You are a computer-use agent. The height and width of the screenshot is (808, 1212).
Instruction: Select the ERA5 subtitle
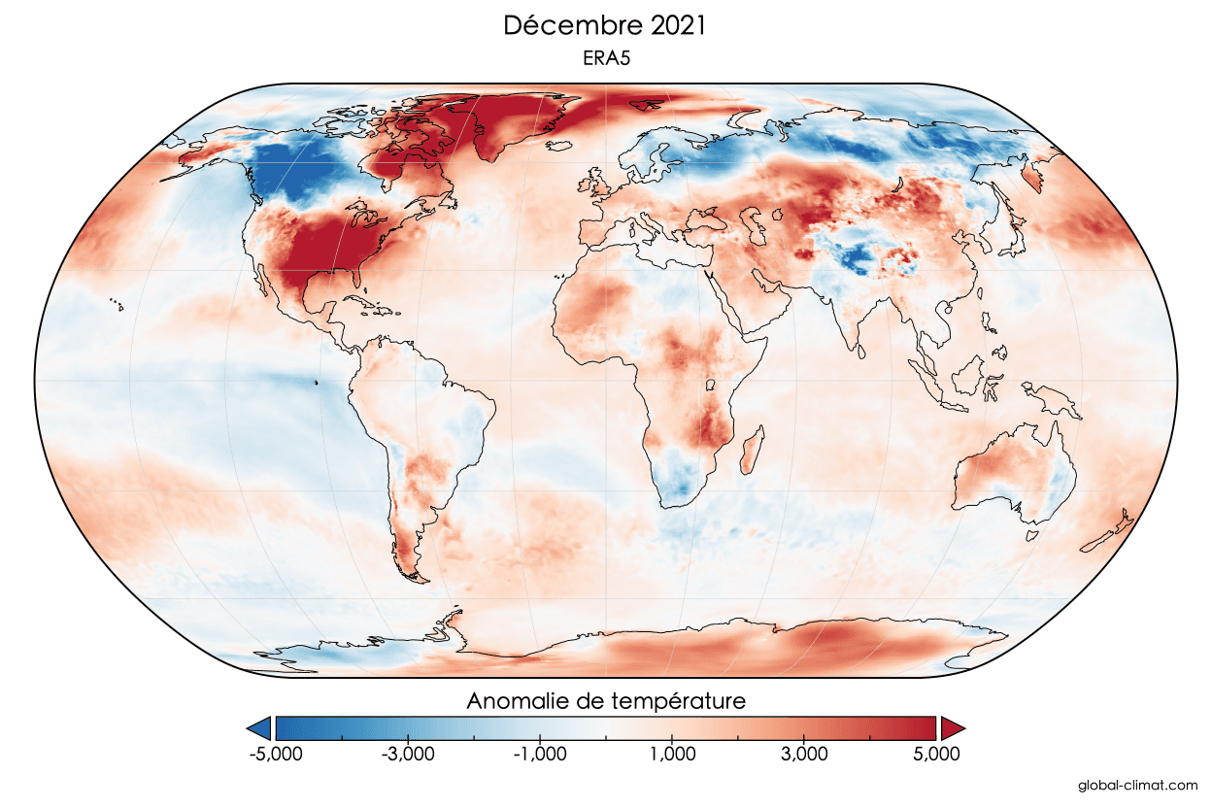[x=606, y=59]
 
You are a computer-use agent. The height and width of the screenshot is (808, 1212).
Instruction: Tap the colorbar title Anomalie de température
[x=606, y=700]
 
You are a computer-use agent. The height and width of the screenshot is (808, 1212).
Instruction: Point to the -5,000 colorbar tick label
[x=277, y=754]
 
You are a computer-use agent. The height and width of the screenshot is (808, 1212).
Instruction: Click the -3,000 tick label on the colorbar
[x=408, y=754]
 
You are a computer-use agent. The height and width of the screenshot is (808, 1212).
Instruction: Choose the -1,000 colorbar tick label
[x=539, y=754]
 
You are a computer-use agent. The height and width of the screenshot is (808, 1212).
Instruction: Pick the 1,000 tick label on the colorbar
[x=672, y=754]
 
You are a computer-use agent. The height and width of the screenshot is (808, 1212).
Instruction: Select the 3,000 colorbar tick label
[x=803, y=754]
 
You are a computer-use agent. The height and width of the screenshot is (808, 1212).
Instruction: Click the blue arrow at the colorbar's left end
[x=259, y=727]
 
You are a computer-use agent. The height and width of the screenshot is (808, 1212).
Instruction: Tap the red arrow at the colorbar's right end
[x=953, y=727]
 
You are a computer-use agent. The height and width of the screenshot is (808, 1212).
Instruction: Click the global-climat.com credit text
[x=1137, y=784]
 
